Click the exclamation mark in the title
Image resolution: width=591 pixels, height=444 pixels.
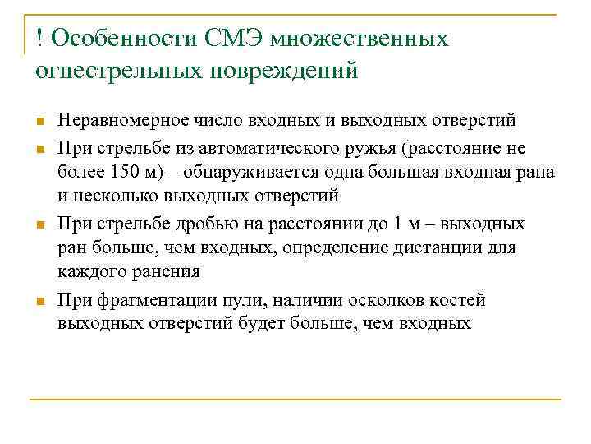[x=39, y=39]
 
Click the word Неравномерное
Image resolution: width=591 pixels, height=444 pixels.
[x=117, y=121]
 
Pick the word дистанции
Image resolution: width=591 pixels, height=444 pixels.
[x=434, y=248]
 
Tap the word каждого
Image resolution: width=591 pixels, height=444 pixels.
[x=89, y=273]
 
